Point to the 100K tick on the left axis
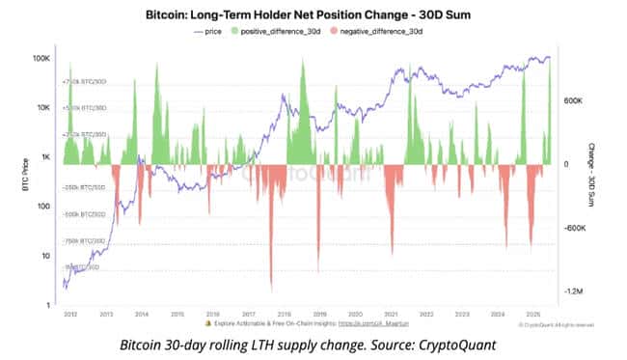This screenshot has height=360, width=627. pyautogui.click(x=41, y=58)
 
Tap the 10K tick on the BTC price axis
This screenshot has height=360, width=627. pyautogui.click(x=43, y=108)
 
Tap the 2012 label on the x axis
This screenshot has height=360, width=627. pyautogui.click(x=70, y=315)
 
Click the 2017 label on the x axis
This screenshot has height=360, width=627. pyautogui.click(x=248, y=315)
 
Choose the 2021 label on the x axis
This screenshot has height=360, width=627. pyautogui.click(x=391, y=315)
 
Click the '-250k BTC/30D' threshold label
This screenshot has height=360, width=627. pyautogui.click(x=84, y=187)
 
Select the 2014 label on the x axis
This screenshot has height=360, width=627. pyautogui.click(x=142, y=315)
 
